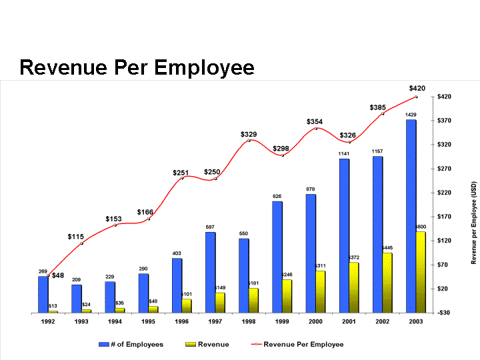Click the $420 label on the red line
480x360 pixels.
click(x=417, y=88)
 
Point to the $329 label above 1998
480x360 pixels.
click(x=249, y=135)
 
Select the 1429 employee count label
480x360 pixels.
click(x=411, y=115)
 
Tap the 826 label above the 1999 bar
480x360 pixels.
click(x=277, y=197)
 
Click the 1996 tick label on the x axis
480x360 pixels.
click(x=182, y=321)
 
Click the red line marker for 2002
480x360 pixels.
click(x=383, y=113)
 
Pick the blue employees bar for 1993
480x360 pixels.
click(x=77, y=299)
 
